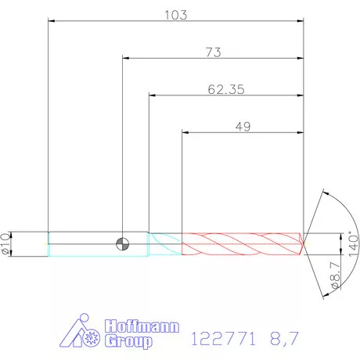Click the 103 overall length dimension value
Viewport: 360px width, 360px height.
(x=176, y=15)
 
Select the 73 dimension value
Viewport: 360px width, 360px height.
(x=214, y=52)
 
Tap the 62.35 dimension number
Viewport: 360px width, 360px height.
(x=226, y=89)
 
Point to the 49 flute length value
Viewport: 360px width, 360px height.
(x=243, y=127)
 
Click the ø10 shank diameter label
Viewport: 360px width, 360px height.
(x=6, y=243)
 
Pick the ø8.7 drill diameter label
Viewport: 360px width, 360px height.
(x=336, y=275)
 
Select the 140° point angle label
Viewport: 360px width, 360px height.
(x=354, y=244)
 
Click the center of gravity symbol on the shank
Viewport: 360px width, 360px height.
(x=122, y=244)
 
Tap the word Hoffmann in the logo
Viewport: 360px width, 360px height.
(x=142, y=326)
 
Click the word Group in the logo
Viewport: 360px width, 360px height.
(x=129, y=341)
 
